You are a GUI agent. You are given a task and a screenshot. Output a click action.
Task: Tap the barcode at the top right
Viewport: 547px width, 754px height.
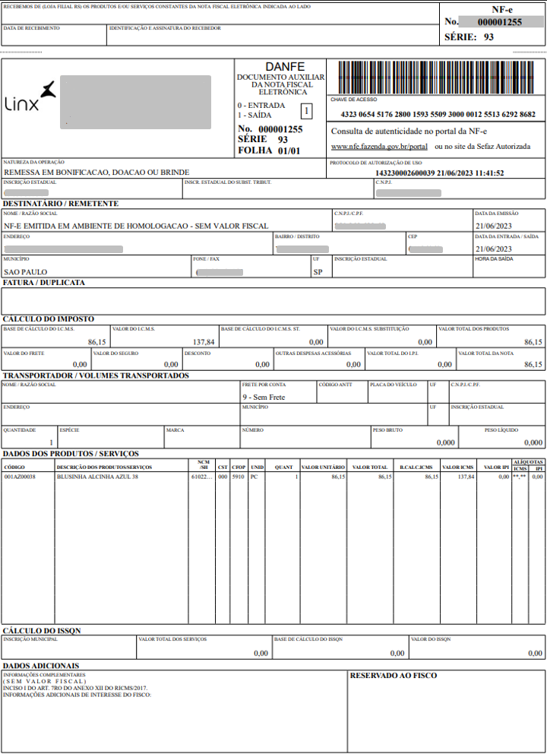click(436, 78)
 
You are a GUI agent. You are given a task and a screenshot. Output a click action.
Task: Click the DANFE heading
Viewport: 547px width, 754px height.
click(280, 67)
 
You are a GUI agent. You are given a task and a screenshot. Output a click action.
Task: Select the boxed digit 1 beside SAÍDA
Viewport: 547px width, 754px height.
click(306, 111)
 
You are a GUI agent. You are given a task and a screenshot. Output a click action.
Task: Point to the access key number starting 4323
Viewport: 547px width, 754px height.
click(438, 115)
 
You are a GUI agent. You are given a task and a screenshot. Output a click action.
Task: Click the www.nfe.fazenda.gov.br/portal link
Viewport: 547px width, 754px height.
click(379, 146)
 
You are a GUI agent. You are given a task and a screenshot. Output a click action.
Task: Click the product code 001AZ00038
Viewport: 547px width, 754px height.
click(20, 477)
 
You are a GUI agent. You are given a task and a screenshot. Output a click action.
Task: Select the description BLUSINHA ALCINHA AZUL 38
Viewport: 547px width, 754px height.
click(98, 477)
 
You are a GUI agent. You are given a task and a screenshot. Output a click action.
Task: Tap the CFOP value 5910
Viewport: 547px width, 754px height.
click(239, 477)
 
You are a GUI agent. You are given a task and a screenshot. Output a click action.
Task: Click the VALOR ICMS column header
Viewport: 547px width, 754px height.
click(457, 467)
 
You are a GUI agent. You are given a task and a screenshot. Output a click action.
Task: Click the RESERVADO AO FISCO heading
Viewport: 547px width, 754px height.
click(393, 675)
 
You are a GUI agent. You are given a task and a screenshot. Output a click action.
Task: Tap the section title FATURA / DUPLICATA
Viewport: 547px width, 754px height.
click(44, 283)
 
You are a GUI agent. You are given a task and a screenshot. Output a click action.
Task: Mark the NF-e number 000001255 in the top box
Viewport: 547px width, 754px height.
click(499, 23)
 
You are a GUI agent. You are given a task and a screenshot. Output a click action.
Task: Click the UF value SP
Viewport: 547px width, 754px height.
click(318, 272)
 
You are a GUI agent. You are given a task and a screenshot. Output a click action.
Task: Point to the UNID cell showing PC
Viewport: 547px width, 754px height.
click(255, 477)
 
